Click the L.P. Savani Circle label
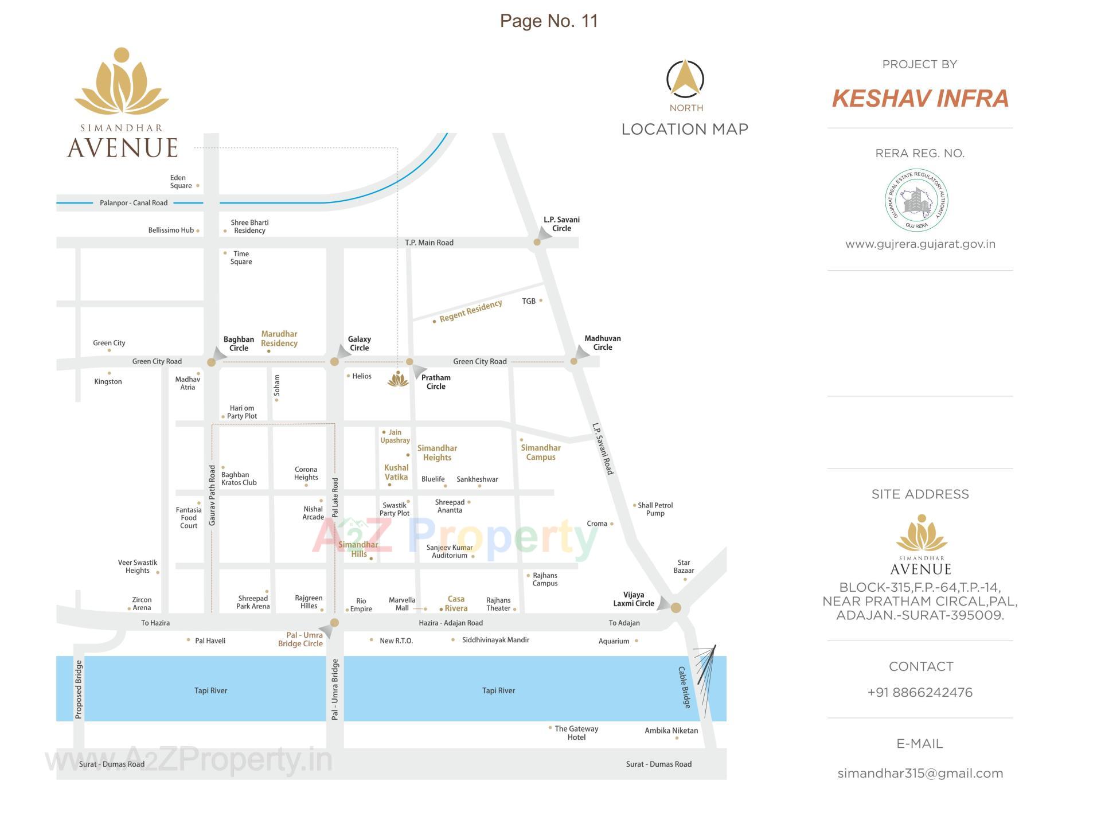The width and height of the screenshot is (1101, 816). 561,224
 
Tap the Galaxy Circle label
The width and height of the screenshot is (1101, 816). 359,343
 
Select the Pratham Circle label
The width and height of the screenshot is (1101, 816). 436,382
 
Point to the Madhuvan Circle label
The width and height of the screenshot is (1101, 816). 602,343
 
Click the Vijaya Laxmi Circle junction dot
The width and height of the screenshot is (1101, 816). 676,608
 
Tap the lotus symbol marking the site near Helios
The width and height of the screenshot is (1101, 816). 397,379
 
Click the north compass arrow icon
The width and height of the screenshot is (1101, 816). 685,79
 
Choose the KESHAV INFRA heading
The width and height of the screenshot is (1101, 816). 920,98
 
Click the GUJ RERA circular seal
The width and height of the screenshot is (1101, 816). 916,200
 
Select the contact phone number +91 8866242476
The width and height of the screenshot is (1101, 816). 920,693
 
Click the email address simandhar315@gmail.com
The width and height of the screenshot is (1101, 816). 920,774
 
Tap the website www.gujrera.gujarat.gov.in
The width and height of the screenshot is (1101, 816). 920,244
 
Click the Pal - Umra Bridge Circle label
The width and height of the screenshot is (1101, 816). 300,639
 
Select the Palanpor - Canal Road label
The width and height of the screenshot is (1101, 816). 134,203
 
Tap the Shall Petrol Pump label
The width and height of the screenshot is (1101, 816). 655,509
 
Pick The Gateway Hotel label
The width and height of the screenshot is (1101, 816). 576,733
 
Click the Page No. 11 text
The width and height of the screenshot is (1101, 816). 549,21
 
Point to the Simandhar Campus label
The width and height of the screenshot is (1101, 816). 540,452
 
